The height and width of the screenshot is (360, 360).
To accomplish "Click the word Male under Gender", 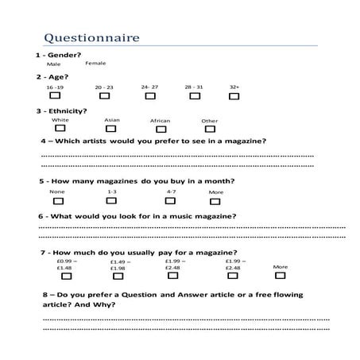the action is tap(53, 64).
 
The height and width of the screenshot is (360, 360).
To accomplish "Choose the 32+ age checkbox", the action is tap(234, 96).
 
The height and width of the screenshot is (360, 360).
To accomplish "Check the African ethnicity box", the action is tap(160, 129).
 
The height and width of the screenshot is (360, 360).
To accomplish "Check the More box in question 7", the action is tap(279, 276).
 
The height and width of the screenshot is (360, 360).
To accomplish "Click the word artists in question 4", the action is tap(106, 141).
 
